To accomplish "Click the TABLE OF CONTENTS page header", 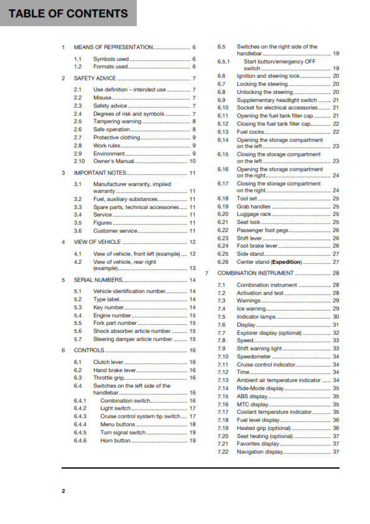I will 68,14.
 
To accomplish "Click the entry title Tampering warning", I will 118,121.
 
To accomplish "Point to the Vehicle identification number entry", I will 129,291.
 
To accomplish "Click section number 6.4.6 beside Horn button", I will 80,441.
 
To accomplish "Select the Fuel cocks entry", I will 252,132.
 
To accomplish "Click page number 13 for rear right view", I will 193,268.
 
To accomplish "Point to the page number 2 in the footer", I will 63,491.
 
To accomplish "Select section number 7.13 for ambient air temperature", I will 223,380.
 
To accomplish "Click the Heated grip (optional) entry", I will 264,428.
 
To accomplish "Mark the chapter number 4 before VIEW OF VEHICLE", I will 63,241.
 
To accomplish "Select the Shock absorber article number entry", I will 132,331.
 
